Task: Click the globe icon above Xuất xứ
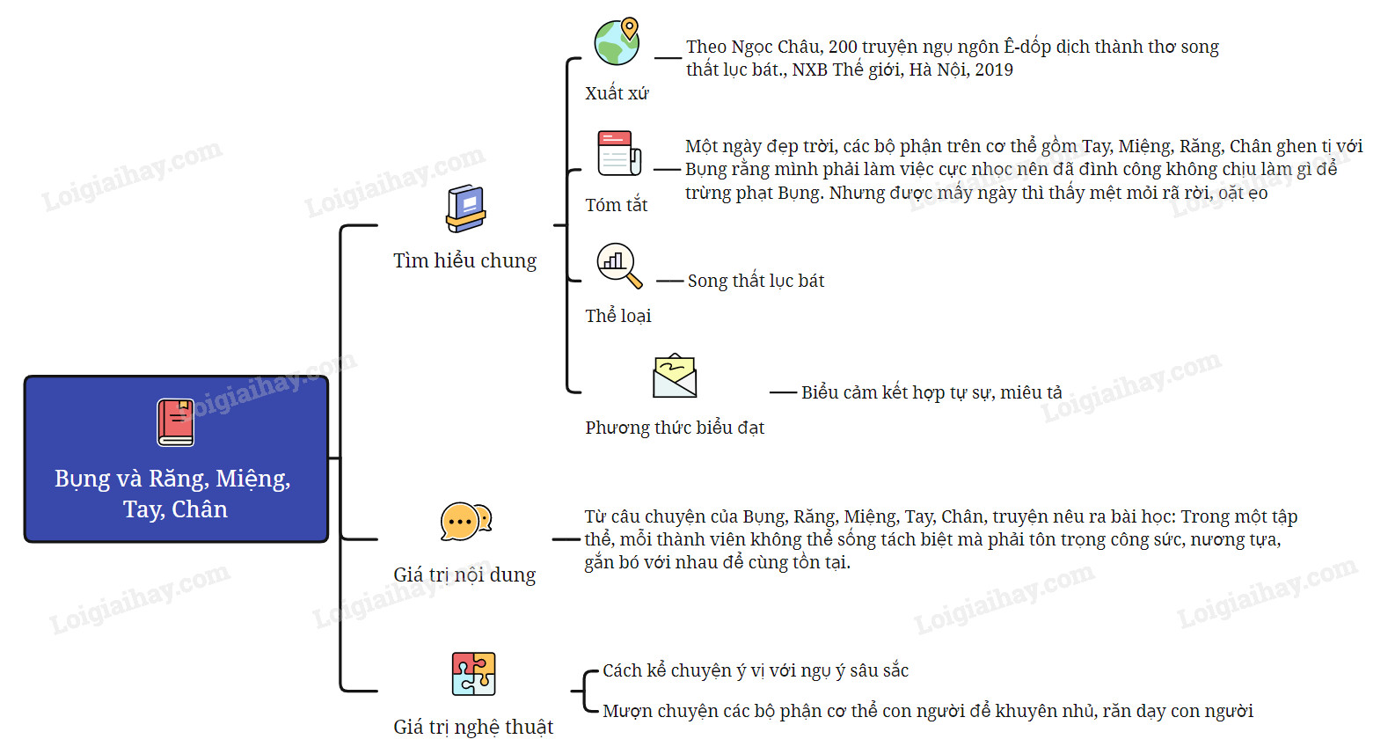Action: (617, 41)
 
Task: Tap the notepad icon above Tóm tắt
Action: (618, 153)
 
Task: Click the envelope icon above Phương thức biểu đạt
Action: (675, 377)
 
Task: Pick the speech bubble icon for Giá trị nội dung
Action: (465, 522)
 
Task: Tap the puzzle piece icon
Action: (473, 674)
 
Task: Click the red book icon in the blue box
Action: (176, 422)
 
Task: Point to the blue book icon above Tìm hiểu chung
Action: (465, 209)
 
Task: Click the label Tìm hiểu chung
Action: (464, 260)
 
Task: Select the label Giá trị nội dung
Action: (464, 575)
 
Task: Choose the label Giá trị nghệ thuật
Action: (473, 727)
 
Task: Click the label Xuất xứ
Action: (617, 93)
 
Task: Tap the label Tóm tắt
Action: (617, 205)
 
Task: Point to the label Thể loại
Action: (618, 316)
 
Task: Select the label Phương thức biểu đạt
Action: (675, 428)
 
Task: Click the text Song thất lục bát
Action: (756, 281)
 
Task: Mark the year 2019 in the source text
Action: (994, 70)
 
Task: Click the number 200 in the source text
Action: (843, 47)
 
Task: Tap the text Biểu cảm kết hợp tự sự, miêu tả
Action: (931, 392)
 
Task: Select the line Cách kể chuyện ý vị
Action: (755, 670)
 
